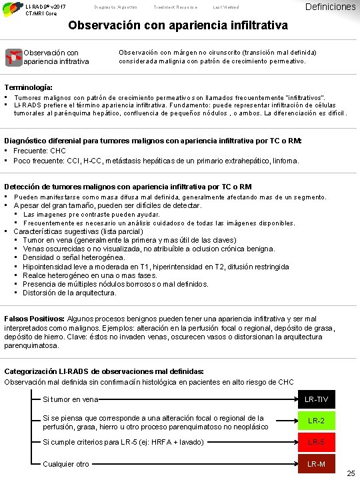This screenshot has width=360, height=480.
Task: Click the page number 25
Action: point(351,473)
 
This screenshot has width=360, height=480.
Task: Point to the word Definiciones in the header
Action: point(329,7)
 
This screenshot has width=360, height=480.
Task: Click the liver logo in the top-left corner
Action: point(11,8)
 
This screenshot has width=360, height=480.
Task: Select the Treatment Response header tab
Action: point(175,7)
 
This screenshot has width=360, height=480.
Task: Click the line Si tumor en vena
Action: point(70,399)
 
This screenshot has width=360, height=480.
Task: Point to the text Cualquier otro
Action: point(66,464)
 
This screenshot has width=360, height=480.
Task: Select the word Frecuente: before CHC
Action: point(34,151)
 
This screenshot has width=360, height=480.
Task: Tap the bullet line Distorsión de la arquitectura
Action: point(69,292)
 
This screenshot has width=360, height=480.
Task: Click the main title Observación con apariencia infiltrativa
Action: point(179,27)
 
